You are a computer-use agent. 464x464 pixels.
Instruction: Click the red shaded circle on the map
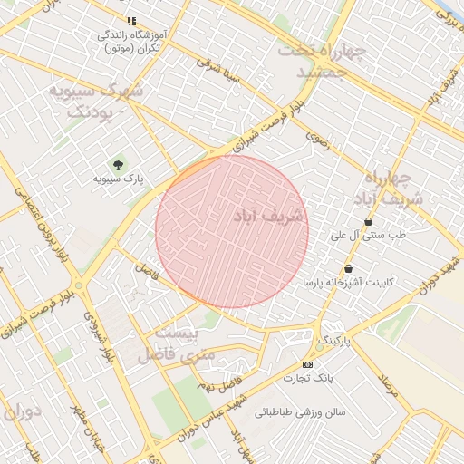click(232, 232)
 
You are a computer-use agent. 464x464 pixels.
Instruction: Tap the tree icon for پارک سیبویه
click(118, 164)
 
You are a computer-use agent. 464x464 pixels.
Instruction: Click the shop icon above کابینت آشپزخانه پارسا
click(348, 268)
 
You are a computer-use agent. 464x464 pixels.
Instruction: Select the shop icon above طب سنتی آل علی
click(368, 221)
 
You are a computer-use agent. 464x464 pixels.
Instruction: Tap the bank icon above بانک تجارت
click(307, 364)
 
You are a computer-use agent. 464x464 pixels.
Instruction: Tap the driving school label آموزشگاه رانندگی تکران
click(136, 40)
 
